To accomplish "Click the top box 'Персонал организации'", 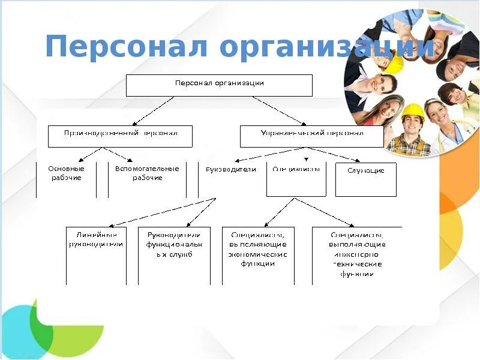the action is click(219, 85).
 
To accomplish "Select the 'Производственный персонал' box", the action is click(120, 136).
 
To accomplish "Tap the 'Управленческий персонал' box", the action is click(311, 136).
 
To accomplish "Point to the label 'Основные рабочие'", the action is click(65, 173).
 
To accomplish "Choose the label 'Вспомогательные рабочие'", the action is click(147, 173).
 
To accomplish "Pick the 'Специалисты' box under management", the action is click(296, 179).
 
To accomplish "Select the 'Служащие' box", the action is click(365, 179).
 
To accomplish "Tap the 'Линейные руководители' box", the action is click(96, 255).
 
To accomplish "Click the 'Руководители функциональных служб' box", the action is click(174, 255).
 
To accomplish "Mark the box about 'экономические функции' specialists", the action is click(258, 255).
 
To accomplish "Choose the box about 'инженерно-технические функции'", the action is click(357, 255).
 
